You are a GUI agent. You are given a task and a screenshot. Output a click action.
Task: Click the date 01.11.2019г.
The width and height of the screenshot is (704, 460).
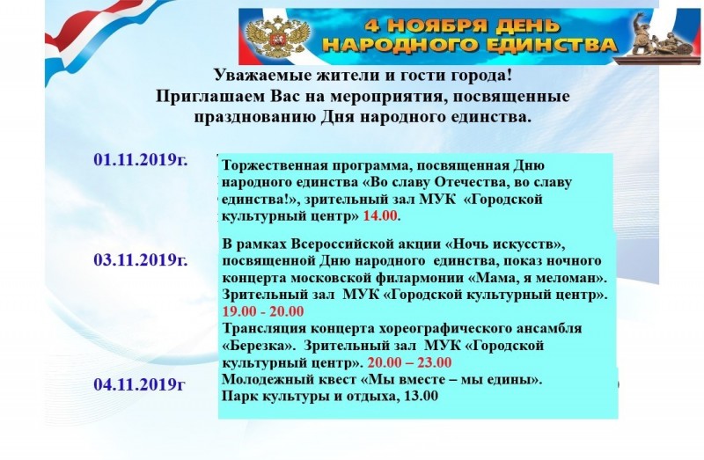coord(141,159)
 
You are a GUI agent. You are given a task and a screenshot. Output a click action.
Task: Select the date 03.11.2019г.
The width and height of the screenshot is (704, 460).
coord(141,259)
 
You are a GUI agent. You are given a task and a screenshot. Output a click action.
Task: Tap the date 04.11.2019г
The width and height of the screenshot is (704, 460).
coord(139,384)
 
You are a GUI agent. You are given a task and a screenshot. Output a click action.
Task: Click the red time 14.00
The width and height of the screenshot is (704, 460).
coord(380,215)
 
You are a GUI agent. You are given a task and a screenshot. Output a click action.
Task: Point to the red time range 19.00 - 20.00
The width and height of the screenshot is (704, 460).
coord(263,311)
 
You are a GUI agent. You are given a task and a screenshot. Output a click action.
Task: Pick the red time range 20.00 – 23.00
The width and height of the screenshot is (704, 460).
coord(409,362)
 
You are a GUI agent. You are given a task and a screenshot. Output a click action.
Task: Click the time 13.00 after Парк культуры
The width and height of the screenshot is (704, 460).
coord(422,397)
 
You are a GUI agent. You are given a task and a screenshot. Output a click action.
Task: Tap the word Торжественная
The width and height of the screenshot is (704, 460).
coord(275,165)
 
